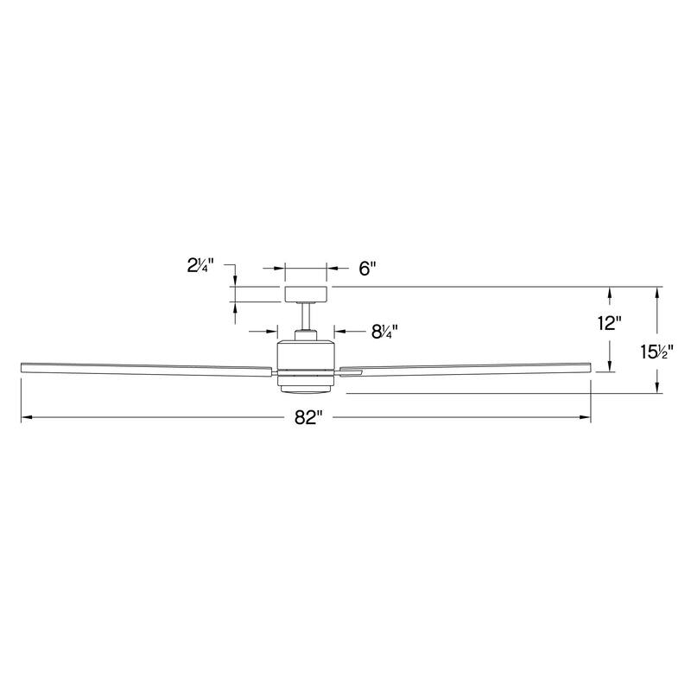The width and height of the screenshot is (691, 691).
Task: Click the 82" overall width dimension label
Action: [307, 418]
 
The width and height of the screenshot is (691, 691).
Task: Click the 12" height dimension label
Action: [609, 325]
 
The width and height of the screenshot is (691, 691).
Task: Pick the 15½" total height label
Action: [656, 352]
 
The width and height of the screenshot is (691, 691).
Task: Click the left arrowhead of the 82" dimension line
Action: [26, 418]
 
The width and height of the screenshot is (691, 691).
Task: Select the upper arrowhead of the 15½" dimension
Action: [658, 292]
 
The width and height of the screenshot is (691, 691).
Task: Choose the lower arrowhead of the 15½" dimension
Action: [658, 389]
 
